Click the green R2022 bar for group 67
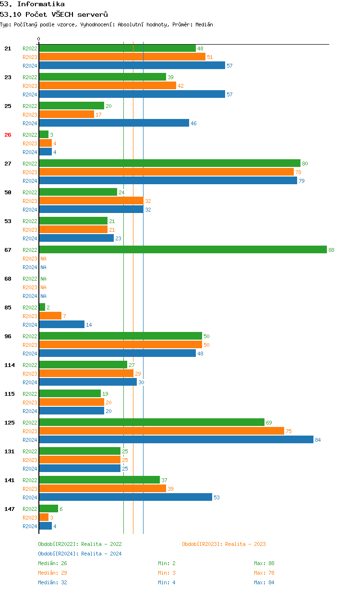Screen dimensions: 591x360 pyautogui.click(x=183, y=250)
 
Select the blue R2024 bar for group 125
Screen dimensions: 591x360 pyautogui.click(x=176, y=440)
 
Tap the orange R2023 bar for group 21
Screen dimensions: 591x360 pyautogui.click(x=122, y=57)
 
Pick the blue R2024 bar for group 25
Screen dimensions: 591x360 pyautogui.click(x=114, y=123)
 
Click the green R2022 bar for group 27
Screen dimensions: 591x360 pyautogui.click(x=169, y=164)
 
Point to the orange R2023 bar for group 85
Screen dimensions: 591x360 pyautogui.click(x=50, y=316)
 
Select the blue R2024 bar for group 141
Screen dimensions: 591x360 pyautogui.click(x=125, y=497)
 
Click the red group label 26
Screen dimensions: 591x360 pyautogui.click(x=8, y=135)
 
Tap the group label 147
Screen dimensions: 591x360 pyautogui.click(x=9, y=509)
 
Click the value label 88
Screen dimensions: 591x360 pyautogui.click(x=331, y=250)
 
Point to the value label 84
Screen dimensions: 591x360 pyautogui.click(x=318, y=440)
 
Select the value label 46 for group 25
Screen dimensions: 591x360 pyautogui.click(x=193, y=123)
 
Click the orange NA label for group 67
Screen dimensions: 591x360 pyautogui.click(x=43, y=259)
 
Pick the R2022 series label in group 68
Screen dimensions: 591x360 pyautogui.click(x=30, y=279)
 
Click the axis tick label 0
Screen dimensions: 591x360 pyautogui.click(x=39, y=39)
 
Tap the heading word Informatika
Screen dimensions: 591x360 pyautogui.click(x=41, y=4)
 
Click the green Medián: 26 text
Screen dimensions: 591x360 pyautogui.click(x=52, y=563)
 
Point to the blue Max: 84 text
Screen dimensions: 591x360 pyautogui.click(x=264, y=582)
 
